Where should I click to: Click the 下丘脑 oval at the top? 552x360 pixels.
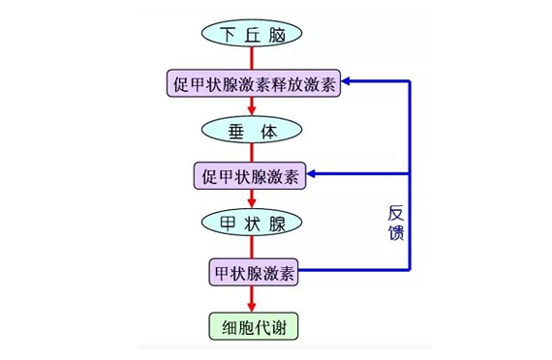[252, 35]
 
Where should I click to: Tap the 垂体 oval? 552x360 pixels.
[252, 130]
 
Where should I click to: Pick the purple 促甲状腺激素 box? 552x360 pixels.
[252, 176]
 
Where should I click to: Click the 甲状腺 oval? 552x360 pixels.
[252, 223]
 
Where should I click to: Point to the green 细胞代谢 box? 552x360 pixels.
[252, 326]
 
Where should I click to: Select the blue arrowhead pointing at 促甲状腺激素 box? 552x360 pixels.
[314, 175]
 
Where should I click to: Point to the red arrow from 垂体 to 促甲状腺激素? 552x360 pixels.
[252, 153]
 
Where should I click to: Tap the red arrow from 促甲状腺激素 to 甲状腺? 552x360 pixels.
[252, 199]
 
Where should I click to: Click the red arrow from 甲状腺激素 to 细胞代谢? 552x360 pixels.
[252, 299]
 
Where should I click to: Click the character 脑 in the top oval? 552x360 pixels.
[279, 35]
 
